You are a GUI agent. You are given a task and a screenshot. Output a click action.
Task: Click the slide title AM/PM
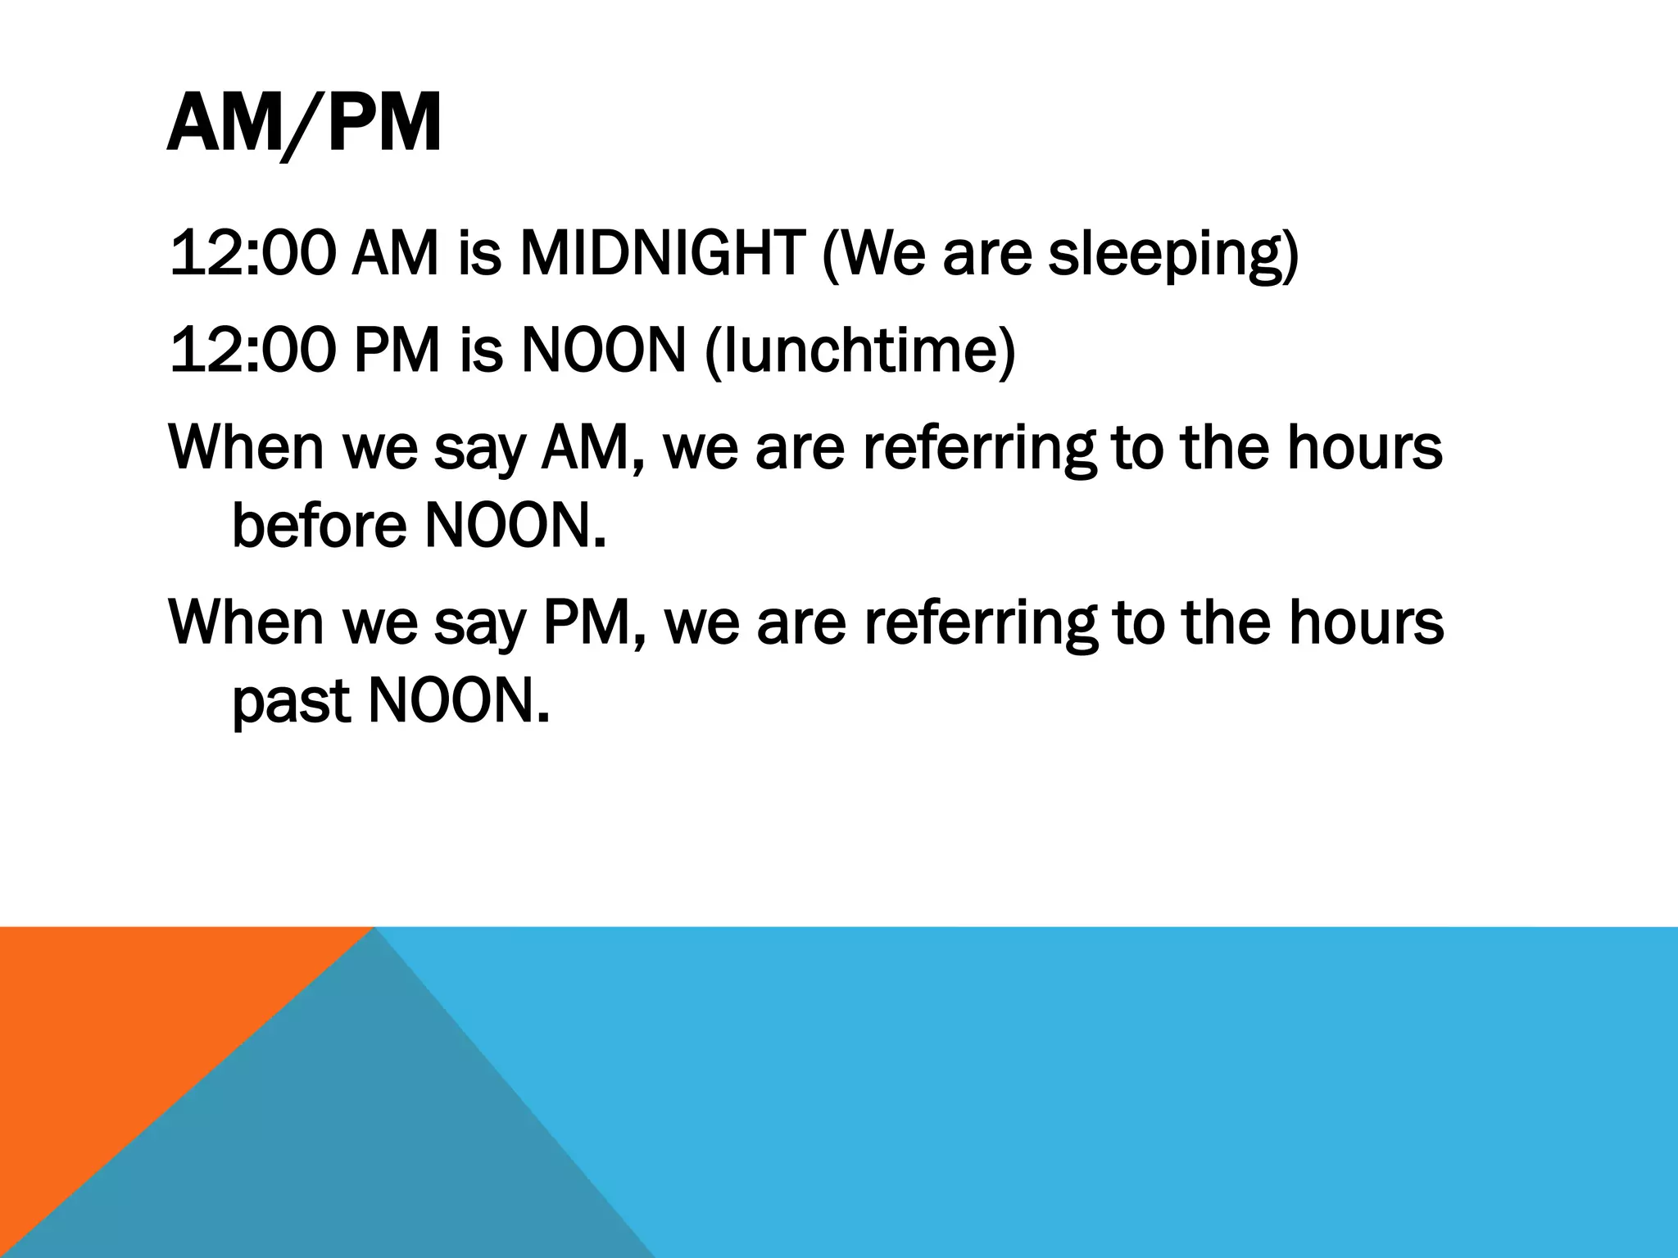click(304, 125)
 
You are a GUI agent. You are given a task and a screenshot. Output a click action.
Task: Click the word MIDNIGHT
click(661, 254)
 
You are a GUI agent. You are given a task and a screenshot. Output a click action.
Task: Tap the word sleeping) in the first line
click(1173, 256)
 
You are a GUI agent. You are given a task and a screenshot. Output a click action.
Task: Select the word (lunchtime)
click(859, 351)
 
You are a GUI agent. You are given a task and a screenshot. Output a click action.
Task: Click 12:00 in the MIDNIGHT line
click(252, 254)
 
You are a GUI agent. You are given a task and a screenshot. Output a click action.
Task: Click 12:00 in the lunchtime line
click(252, 351)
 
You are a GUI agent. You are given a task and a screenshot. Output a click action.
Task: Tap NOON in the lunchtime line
click(603, 351)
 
